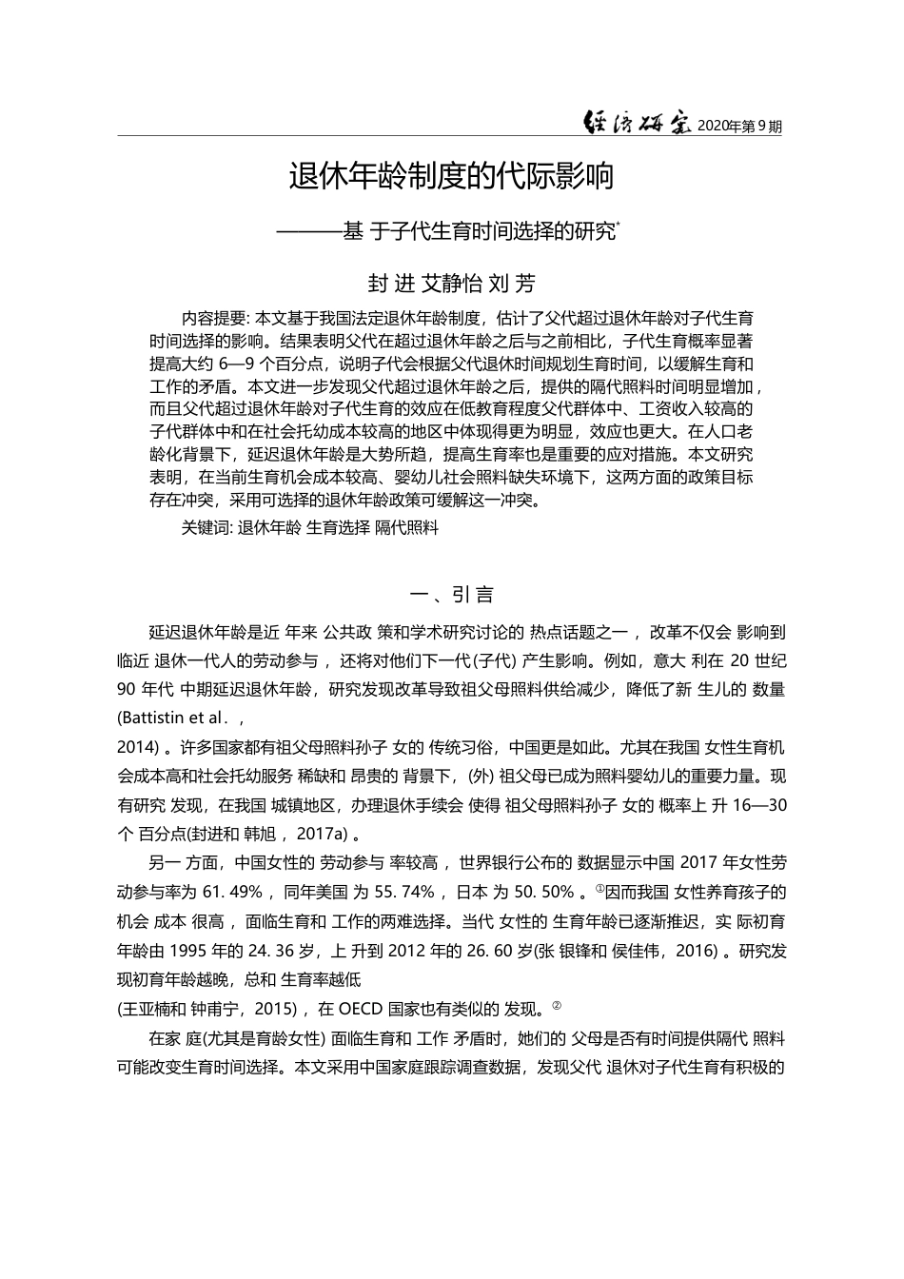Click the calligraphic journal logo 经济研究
click(x=637, y=122)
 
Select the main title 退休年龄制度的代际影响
click(x=451, y=176)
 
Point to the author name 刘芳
click(x=511, y=284)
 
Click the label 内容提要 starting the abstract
click(x=212, y=318)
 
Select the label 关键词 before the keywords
click(x=206, y=527)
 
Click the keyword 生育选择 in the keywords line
click(x=338, y=527)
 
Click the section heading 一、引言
click(x=451, y=596)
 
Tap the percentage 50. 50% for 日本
click(x=543, y=892)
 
